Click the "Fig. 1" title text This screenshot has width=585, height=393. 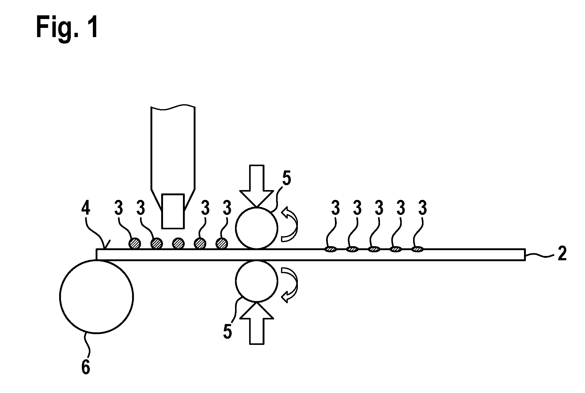tap(67, 28)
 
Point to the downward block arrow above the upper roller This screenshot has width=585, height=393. tap(256, 186)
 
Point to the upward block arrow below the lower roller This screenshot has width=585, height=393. tap(256, 323)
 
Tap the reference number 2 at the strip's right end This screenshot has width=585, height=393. tap(562, 254)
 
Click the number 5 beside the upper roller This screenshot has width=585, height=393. tap(287, 180)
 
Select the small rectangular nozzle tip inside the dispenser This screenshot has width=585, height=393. tap(173, 211)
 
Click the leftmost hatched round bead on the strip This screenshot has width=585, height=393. tap(135, 244)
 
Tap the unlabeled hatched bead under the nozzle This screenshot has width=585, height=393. tap(178, 244)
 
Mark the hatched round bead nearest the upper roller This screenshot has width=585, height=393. tap(222, 244)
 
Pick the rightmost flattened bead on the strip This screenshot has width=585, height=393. tap(418, 249)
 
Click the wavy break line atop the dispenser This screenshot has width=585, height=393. tap(173, 106)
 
